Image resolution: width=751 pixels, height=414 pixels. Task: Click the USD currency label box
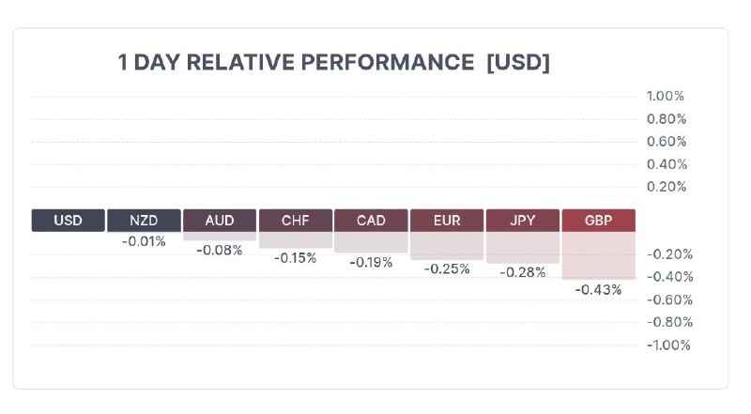click(69, 221)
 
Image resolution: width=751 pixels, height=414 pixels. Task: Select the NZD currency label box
click(144, 221)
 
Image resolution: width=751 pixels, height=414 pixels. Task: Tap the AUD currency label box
click(220, 221)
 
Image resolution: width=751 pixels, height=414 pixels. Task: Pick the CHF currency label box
click(295, 221)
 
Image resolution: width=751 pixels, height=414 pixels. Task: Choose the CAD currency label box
click(371, 221)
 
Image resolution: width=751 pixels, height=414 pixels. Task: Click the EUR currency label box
click(447, 221)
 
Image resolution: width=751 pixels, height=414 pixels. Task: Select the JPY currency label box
click(522, 221)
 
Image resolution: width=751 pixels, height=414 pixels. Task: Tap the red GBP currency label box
click(598, 221)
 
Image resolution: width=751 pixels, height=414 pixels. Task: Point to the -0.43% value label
click(599, 290)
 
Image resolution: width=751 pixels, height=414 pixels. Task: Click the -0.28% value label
click(523, 272)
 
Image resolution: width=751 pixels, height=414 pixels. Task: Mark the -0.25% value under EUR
click(447, 268)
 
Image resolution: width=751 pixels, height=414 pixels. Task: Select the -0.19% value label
click(371, 262)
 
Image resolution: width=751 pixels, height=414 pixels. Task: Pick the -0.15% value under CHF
click(295, 257)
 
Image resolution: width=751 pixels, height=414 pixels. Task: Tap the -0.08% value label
click(220, 250)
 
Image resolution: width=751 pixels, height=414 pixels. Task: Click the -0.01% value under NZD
click(144, 241)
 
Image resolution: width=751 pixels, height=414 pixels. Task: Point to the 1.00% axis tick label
click(666, 96)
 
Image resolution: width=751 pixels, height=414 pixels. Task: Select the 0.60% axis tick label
click(667, 141)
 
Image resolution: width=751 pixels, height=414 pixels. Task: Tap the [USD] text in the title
click(518, 63)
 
